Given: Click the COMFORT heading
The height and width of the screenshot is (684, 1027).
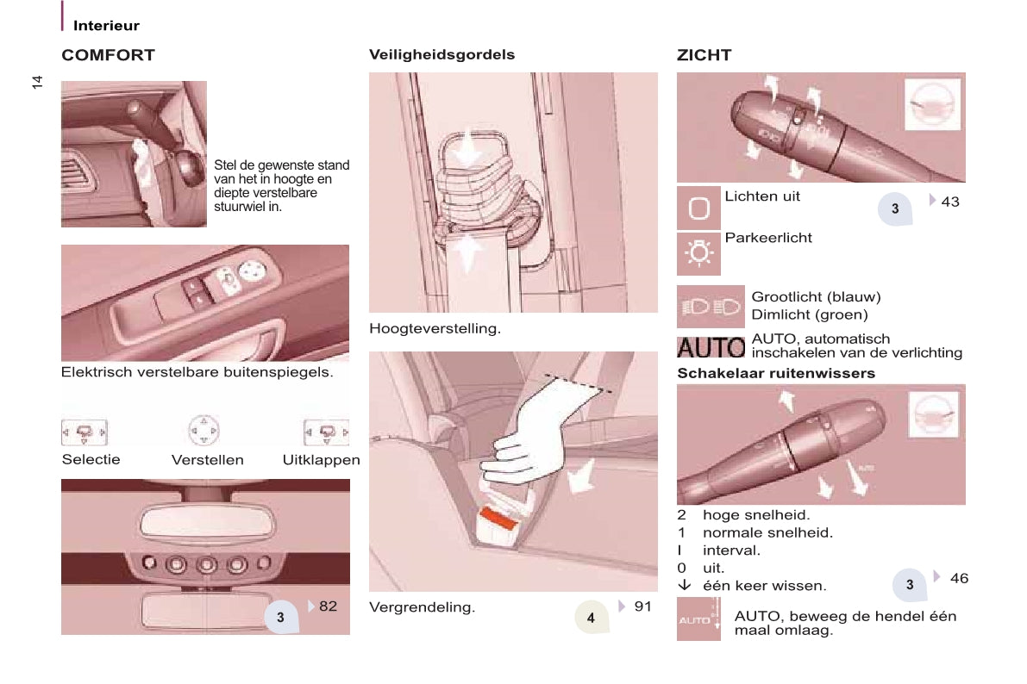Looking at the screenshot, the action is click(x=108, y=55).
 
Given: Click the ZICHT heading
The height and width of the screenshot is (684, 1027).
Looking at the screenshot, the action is click(x=704, y=55).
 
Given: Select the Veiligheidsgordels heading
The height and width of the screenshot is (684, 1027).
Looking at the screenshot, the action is click(x=442, y=55).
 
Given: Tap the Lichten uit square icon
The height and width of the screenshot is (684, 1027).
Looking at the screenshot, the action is click(x=698, y=208).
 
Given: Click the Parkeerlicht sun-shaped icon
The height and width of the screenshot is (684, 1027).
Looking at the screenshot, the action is click(x=698, y=253).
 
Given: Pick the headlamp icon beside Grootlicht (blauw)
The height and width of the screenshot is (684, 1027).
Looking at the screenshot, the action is click(x=711, y=307).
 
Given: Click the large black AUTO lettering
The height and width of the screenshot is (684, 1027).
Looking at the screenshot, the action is click(x=711, y=347).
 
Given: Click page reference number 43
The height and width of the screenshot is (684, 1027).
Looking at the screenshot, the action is click(x=950, y=202).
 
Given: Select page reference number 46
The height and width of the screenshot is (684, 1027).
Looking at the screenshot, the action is click(x=959, y=579).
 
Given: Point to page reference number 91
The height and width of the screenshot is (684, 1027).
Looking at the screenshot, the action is click(x=643, y=606).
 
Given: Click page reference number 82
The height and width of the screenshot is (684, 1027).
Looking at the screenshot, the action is click(x=329, y=606).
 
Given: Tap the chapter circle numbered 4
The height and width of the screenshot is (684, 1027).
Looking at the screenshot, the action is click(x=592, y=617).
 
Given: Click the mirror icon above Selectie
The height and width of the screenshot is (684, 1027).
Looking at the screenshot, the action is click(x=85, y=432).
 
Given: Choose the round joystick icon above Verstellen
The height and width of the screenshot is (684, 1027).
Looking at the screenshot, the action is click(x=204, y=431).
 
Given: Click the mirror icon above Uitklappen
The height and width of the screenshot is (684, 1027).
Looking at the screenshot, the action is click(x=326, y=432).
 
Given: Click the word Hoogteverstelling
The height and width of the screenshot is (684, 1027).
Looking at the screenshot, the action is click(x=435, y=328).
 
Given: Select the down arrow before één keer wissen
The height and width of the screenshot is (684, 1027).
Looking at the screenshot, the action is click(x=685, y=585).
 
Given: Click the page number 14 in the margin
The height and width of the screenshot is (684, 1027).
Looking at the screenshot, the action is click(x=37, y=82).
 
